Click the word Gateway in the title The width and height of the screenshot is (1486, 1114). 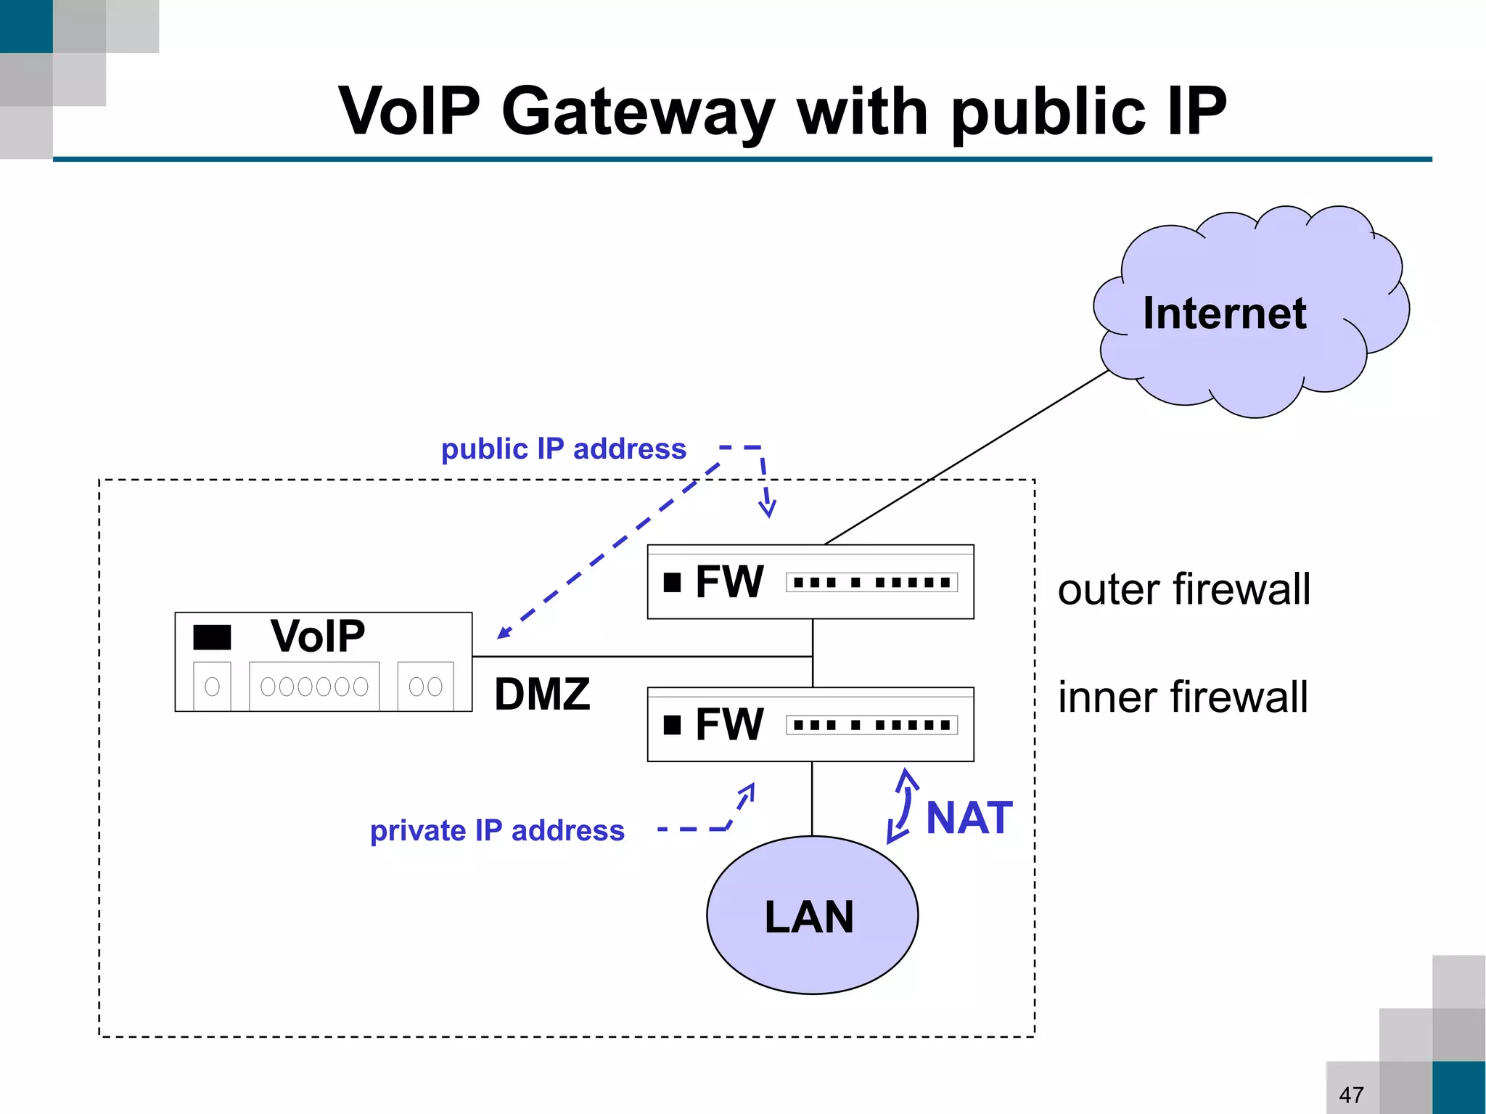pyautogui.click(x=637, y=112)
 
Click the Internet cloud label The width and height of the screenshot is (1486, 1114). pyautogui.click(x=1224, y=314)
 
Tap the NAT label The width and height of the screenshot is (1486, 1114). pyautogui.click(x=969, y=818)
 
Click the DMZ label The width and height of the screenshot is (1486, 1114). pyautogui.click(x=542, y=695)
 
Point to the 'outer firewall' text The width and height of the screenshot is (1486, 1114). pyautogui.click(x=1183, y=589)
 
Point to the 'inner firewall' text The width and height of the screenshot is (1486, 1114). pyautogui.click(x=1183, y=697)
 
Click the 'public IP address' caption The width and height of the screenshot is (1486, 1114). pyautogui.click(x=563, y=449)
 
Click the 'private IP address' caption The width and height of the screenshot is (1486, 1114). pyautogui.click(x=497, y=830)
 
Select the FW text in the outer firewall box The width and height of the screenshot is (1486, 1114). pyautogui.click(x=728, y=582)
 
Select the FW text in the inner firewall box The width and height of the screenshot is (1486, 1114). pyautogui.click(x=728, y=724)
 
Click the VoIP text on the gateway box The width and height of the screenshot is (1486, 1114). pyautogui.click(x=318, y=636)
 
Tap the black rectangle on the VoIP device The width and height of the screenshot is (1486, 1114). pyautogui.click(x=212, y=637)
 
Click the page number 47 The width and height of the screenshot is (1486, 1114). pyautogui.click(x=1351, y=1094)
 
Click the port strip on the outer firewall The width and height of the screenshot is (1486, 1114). pyautogui.click(x=871, y=582)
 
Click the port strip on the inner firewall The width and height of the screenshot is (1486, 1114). pyautogui.click(x=871, y=724)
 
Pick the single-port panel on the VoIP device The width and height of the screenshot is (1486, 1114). pyautogui.click(x=212, y=686)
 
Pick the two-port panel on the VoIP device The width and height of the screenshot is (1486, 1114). pyautogui.click(x=425, y=686)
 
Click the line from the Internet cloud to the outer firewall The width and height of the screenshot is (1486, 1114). pyautogui.click(x=965, y=458)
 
